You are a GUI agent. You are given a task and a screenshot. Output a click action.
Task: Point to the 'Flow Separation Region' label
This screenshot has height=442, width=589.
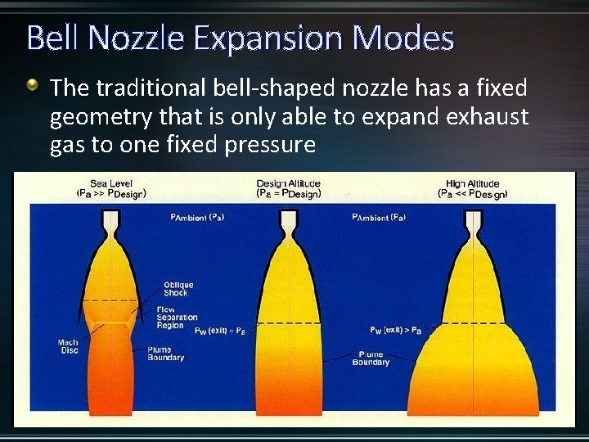coord(177,318)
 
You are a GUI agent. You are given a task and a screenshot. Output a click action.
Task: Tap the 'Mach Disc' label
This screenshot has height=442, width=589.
coord(68,347)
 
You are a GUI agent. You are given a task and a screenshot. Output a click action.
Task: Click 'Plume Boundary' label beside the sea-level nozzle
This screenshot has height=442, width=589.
coord(165,354)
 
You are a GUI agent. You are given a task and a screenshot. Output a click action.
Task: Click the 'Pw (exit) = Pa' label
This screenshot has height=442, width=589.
coord(219,331)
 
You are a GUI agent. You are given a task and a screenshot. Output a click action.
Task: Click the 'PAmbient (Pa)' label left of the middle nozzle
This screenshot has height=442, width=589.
coord(197,217)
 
